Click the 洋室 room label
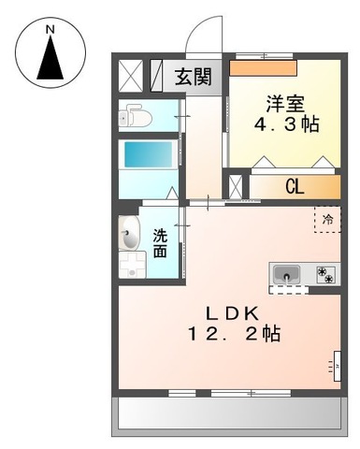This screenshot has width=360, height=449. pyautogui.click(x=288, y=101)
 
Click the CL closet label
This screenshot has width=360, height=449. pyautogui.click(x=294, y=186)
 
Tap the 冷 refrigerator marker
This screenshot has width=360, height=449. pyautogui.click(x=327, y=218)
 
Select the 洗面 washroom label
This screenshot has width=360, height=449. pyautogui.click(x=161, y=243)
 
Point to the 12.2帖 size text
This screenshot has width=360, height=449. pyautogui.click(x=234, y=332)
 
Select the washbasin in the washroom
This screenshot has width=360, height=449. pyautogui.click(x=129, y=239)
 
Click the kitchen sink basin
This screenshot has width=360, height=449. pyautogui.click(x=285, y=274)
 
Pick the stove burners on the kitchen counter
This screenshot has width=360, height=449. pyautogui.click(x=326, y=274)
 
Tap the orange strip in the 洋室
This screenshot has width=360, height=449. pyautogui.click(x=263, y=67)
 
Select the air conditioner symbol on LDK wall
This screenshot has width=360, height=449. pyautogui.click(x=336, y=361)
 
